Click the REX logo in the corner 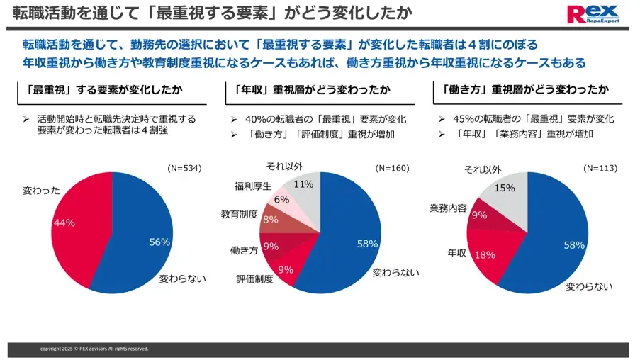click(x=595, y=14)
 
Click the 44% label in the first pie click(x=64, y=223)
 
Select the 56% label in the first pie click(x=159, y=242)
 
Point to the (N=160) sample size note click(x=392, y=169)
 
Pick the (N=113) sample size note click(x=600, y=169)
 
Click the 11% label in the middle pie click(x=303, y=184)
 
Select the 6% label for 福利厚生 click(x=281, y=200)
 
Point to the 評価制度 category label click(x=254, y=279)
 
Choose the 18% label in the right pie click(x=485, y=255)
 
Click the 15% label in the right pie click(x=505, y=189)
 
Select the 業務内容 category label click(x=448, y=208)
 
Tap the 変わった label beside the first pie click(x=42, y=190)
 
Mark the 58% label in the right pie click(x=573, y=245)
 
